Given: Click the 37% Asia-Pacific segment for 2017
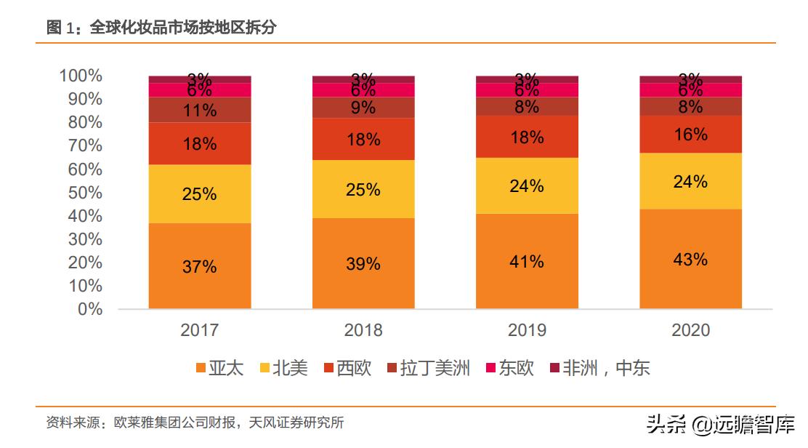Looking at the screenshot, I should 200,266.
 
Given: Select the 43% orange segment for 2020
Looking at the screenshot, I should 690,259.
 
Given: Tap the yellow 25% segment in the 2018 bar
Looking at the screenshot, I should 363,189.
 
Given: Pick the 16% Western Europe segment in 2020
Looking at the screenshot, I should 690,135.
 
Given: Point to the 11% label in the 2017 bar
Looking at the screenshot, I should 200,111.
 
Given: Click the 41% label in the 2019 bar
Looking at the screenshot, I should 527,261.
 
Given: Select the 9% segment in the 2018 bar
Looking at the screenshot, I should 363,108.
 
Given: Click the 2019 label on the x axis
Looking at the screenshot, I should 527,330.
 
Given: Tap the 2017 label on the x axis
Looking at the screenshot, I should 200,330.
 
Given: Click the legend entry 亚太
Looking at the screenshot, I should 219,368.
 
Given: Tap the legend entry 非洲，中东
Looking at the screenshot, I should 599,368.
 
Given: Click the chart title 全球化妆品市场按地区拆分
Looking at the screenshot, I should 182,28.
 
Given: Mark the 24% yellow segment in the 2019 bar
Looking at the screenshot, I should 527,185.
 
